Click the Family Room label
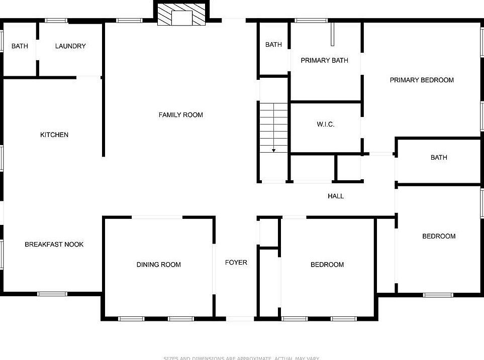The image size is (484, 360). tap(180, 115)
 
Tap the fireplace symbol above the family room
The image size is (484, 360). tap(181, 15)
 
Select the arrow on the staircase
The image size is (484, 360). tap(274, 149)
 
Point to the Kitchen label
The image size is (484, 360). tap(54, 135)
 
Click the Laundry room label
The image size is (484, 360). tap(70, 46)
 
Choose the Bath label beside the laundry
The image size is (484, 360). tap(20, 46)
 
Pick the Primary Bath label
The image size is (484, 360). tap(324, 61)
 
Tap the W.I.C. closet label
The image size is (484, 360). tap(326, 125)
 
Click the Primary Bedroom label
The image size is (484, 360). tap(422, 80)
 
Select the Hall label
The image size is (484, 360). tap(336, 196)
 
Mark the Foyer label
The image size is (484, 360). tap(236, 263)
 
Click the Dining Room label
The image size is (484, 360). tap(158, 265)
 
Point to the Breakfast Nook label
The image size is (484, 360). tap(54, 245)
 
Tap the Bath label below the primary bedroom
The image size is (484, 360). tap(439, 158)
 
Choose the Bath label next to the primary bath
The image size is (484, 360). tap(273, 45)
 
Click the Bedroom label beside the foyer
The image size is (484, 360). tap(327, 265)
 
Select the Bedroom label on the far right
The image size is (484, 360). tap(439, 236)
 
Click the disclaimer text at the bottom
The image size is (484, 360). tap(241, 358)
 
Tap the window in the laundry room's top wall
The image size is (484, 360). tap(56, 21)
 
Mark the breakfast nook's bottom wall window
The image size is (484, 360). tap(52, 294)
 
